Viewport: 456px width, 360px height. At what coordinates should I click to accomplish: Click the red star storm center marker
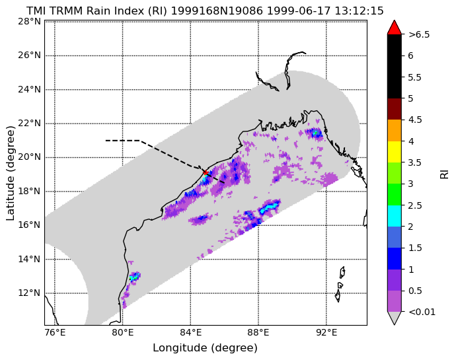pos(206,172)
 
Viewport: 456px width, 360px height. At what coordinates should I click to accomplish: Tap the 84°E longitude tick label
pos(191,332)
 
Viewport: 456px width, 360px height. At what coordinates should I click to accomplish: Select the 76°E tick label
pos(55,332)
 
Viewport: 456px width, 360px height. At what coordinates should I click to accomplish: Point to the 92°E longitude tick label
pos(326,332)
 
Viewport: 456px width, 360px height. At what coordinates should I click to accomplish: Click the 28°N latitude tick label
pos(29,21)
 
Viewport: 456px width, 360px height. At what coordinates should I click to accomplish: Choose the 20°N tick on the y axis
pos(29,157)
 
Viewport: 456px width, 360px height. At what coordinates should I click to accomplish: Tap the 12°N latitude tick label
pos(29,293)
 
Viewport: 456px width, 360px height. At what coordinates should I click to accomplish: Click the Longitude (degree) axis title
pos(206,348)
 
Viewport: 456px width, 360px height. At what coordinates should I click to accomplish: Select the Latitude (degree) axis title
pos(10,173)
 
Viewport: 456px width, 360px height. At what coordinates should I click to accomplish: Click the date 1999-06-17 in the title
pos(299,11)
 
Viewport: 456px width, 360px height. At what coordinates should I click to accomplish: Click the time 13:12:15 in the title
pos(359,11)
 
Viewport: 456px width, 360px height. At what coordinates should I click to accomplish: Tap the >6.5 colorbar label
pos(419,34)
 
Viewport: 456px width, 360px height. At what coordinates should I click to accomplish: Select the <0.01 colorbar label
pos(422,312)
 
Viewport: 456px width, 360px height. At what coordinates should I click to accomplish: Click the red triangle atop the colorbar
pos(395,27)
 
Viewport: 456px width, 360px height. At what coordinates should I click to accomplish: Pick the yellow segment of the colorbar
pos(395,152)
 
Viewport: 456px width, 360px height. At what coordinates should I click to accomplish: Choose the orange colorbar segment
pos(395,131)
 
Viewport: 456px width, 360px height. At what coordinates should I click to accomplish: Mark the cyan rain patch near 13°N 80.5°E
pos(134,277)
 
